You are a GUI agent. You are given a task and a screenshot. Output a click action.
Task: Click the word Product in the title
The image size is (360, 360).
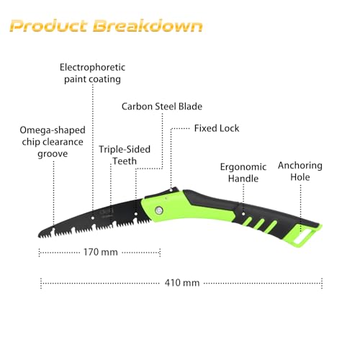click(48, 26)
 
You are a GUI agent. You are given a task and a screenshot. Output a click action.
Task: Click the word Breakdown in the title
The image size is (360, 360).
click(148, 26)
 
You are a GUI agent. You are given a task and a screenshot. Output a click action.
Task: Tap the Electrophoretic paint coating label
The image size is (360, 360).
click(92, 73)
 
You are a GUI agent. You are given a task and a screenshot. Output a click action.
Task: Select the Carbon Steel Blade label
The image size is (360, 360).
click(162, 107)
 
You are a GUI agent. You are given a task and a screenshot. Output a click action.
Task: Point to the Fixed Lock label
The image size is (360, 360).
click(217, 128)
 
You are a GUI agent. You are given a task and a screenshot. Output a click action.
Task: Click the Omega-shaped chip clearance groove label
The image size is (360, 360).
click(53, 142)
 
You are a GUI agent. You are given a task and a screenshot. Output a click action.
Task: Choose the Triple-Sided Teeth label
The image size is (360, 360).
click(125, 155)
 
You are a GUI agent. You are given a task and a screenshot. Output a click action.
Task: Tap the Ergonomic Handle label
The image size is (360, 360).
click(243, 173)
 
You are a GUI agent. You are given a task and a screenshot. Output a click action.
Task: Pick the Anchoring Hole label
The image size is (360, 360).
click(300, 171)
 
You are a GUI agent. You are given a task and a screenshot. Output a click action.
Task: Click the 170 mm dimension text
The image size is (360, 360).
click(101, 252)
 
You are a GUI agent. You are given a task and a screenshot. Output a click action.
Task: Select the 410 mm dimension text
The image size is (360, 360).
click(182, 283)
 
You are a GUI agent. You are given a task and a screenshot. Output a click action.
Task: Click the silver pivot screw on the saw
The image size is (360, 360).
click(158, 211)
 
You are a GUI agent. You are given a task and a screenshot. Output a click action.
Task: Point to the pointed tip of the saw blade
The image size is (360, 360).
click(39, 236)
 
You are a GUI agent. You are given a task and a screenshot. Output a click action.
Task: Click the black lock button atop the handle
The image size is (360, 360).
click(166, 192)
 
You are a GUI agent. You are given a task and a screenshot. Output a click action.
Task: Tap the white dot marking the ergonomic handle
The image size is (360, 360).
click(243, 214)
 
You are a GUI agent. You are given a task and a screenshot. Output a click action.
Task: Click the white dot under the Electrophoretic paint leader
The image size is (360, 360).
click(93, 218)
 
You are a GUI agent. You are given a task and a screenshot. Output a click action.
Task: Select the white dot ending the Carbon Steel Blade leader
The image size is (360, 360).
click(136, 214)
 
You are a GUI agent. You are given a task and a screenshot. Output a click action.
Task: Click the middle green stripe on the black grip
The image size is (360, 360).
click(260, 224)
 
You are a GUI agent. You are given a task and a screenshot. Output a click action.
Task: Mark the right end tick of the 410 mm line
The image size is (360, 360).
click(322, 283)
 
